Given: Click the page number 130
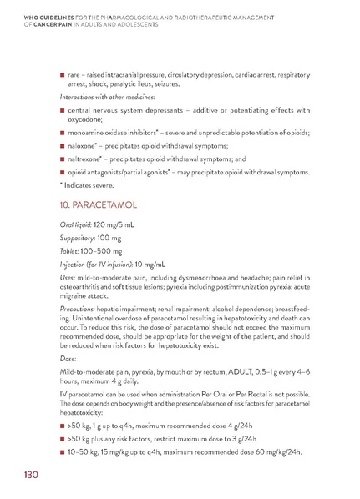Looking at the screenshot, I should coord(30,474).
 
